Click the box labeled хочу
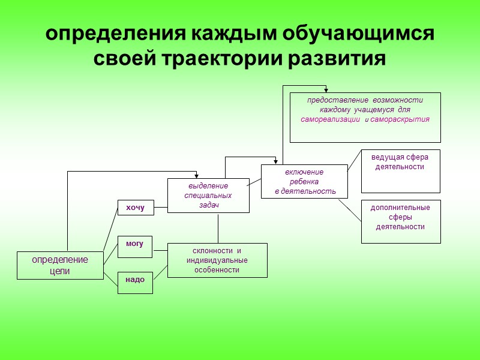(x=135, y=208)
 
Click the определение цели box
(x=60, y=265)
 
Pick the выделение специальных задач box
(x=208, y=196)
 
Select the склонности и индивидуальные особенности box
(x=217, y=260)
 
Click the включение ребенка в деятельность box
(x=304, y=181)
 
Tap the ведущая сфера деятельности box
(x=400, y=171)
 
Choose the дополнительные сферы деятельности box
(x=400, y=221)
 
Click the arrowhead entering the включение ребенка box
(x=275, y=162)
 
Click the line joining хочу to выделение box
(x=160, y=208)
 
